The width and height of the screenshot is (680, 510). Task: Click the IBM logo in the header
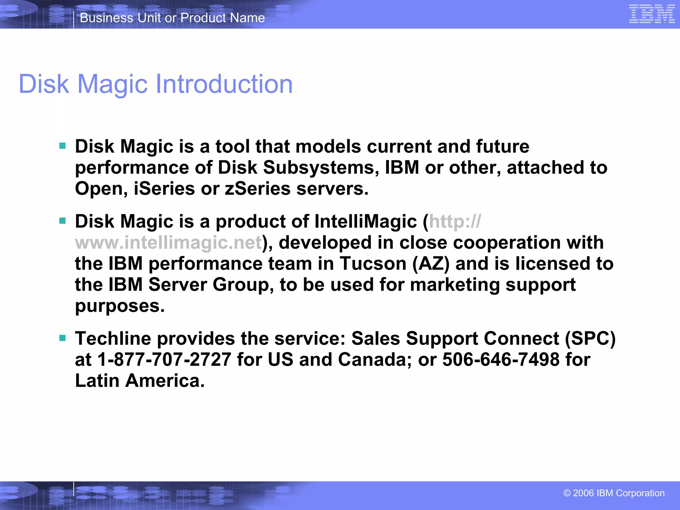pos(651,14)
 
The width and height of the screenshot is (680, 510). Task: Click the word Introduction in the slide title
pos(224,84)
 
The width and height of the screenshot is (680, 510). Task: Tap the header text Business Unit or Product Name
pos(172,18)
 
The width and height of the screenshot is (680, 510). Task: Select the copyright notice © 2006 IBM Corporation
pos(614,493)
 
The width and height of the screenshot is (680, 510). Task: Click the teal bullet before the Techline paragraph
pos(62,338)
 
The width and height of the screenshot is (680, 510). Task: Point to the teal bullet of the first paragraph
pos(62,146)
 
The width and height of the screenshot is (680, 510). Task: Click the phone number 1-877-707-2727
pos(164,360)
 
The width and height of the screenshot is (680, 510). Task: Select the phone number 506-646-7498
pos(501,360)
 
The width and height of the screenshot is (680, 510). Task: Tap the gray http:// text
pos(455,221)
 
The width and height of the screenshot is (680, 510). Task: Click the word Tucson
pos(373,264)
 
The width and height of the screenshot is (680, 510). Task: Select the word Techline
pos(113,339)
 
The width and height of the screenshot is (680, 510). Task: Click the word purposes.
pos(120,306)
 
